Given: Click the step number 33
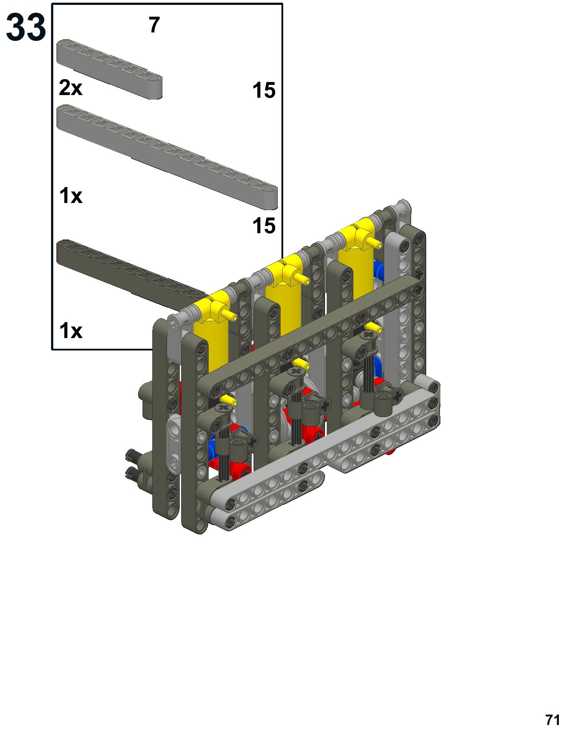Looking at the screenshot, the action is pos(26,27).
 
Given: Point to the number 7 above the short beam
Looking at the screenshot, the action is pos(154,25).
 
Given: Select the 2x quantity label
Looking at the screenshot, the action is pos(71,88).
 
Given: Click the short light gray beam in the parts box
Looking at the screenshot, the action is pos(109,69).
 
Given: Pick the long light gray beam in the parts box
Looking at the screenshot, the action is pos(167,156).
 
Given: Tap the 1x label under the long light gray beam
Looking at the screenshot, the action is pos(71,195).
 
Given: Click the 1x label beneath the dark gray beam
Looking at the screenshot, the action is pos(71,331).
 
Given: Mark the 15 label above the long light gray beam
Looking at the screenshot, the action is pos(264,90).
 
